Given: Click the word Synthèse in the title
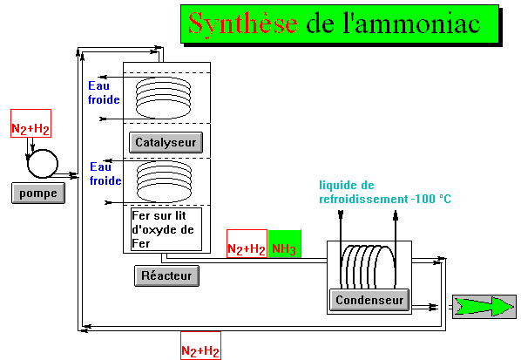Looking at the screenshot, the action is click(x=242, y=24).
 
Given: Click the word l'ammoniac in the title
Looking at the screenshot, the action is click(x=412, y=24).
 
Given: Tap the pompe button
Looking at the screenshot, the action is click(x=38, y=193).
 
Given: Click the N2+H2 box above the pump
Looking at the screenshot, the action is click(x=30, y=123).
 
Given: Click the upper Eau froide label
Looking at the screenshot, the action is click(x=104, y=92).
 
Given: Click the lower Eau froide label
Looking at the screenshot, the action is click(x=105, y=173).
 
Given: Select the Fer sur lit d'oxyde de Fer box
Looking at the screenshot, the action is click(x=166, y=229).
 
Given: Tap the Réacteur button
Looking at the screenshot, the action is click(x=166, y=275).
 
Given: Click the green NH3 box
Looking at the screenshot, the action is click(x=284, y=244).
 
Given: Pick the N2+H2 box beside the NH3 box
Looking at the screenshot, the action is click(x=247, y=244).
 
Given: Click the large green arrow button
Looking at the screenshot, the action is click(x=484, y=307).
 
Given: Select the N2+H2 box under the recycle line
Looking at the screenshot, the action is click(x=200, y=345).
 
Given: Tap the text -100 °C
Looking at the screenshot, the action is click(x=431, y=199).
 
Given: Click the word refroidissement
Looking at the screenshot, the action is click(x=363, y=199).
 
